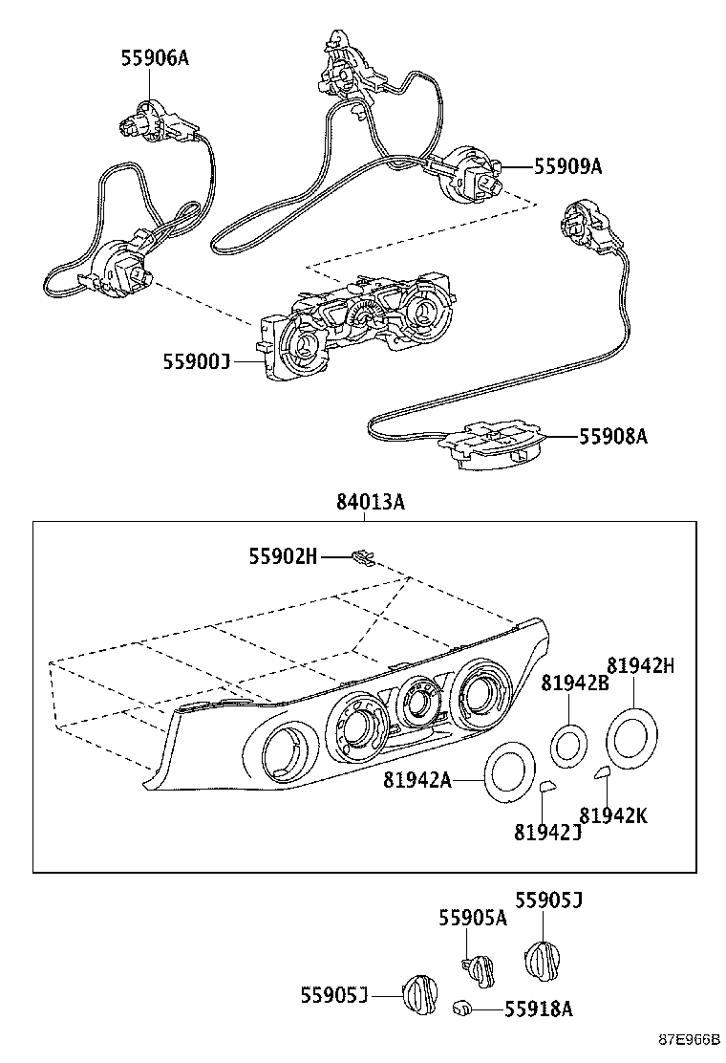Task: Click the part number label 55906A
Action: click(x=155, y=58)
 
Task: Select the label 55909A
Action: click(x=567, y=167)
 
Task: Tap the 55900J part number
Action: click(x=197, y=361)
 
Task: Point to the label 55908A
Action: click(x=613, y=437)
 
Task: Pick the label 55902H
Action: click(x=283, y=555)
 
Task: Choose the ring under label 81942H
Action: click(x=631, y=738)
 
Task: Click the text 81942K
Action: click(x=613, y=815)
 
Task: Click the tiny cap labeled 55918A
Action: click(x=460, y=1007)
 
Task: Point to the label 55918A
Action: click(x=538, y=1009)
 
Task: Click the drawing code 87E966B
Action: click(x=687, y=1041)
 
